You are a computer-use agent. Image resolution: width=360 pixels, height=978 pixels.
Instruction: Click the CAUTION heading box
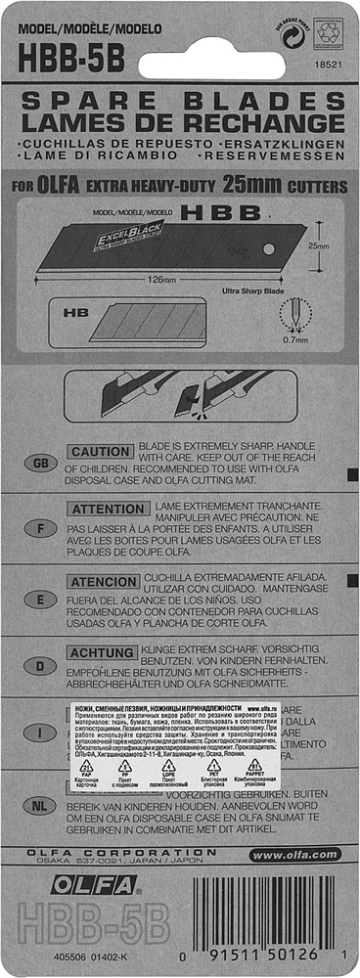click(x=99, y=452)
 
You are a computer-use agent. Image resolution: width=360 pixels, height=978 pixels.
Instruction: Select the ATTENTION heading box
click(x=107, y=510)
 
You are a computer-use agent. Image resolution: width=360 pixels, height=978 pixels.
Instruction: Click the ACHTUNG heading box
click(x=101, y=652)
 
